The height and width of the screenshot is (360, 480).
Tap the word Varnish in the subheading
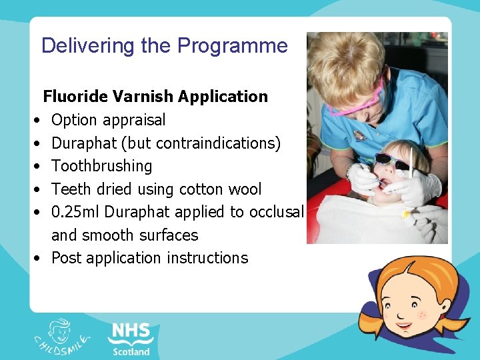pyautogui.click(x=139, y=97)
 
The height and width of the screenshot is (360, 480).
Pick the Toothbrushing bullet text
pyautogui.click(x=101, y=166)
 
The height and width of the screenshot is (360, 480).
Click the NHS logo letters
pyautogui.click(x=131, y=332)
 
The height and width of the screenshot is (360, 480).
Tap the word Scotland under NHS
pyautogui.click(x=131, y=351)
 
